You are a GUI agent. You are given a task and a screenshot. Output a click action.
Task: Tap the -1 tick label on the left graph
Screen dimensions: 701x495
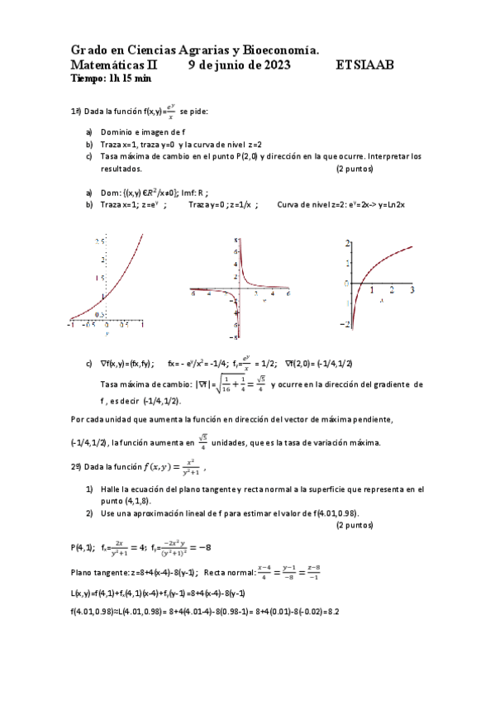(71, 326)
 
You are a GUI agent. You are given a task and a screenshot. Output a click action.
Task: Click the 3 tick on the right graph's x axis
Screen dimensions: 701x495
(411, 290)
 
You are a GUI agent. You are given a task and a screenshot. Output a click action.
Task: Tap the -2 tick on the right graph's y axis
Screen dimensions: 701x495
(347, 323)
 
